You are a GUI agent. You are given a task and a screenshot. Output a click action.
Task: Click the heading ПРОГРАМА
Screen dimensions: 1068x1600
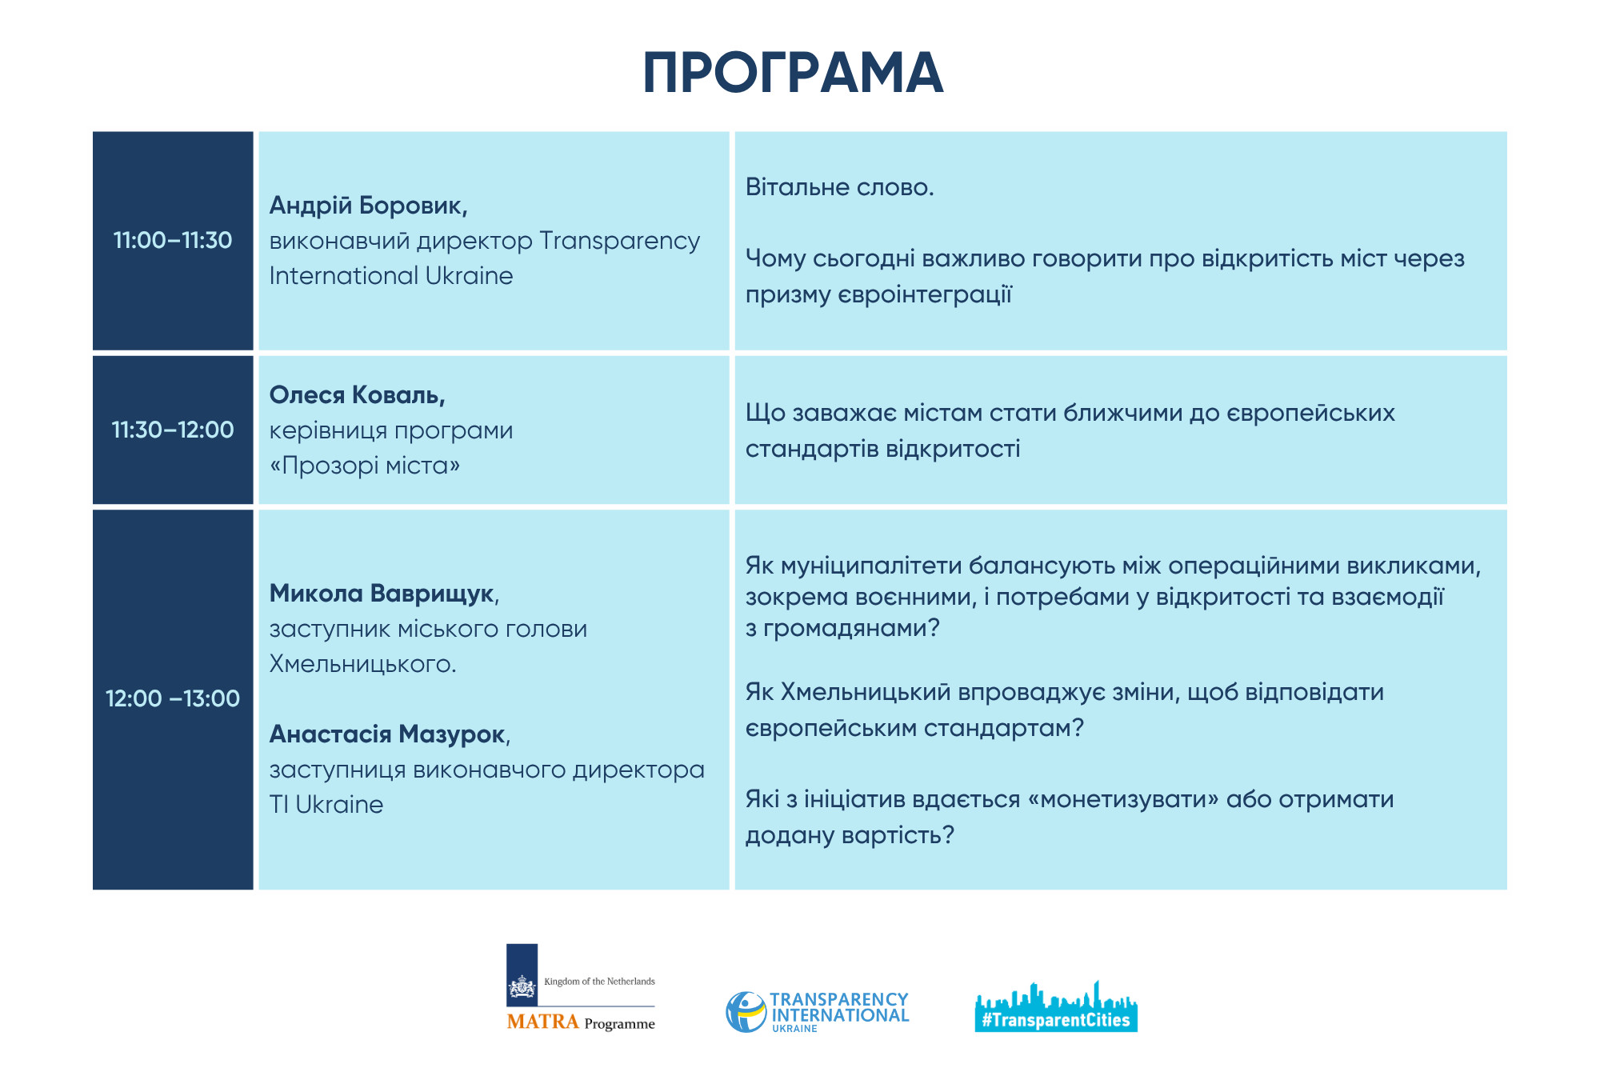point(793,73)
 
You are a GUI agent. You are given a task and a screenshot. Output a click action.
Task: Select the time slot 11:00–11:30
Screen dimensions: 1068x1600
point(172,240)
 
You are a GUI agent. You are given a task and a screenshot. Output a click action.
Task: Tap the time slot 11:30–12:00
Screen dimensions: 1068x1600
point(172,430)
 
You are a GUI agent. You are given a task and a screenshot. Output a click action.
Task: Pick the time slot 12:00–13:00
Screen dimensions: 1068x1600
point(172,698)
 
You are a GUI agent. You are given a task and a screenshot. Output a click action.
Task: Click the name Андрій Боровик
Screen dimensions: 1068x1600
point(367,206)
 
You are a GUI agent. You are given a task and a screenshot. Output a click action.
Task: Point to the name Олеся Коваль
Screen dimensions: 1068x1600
point(357,394)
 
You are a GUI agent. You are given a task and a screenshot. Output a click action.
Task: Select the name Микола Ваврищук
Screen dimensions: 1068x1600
point(382,593)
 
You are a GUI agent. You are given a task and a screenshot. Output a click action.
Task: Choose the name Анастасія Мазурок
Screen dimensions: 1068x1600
point(388,734)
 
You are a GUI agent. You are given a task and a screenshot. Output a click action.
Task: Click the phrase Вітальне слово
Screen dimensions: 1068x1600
point(839,187)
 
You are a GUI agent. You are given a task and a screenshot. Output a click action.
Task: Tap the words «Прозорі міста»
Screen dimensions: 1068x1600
point(364,466)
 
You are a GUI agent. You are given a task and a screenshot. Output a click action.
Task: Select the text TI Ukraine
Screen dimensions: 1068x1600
point(326,804)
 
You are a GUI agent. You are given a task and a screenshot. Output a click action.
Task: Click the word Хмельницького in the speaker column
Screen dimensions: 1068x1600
point(361,664)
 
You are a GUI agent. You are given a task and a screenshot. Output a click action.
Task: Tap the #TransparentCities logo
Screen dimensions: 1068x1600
point(1055,1008)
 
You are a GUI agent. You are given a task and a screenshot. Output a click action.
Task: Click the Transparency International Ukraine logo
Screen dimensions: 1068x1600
point(817,1011)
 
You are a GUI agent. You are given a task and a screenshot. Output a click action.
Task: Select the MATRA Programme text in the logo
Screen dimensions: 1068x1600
point(580,1022)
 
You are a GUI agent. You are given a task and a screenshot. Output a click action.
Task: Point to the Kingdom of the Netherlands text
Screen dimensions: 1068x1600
point(599,982)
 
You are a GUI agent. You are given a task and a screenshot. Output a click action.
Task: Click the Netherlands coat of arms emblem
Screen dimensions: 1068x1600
point(522,986)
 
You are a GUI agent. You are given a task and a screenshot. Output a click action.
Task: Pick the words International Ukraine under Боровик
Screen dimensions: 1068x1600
point(390,276)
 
